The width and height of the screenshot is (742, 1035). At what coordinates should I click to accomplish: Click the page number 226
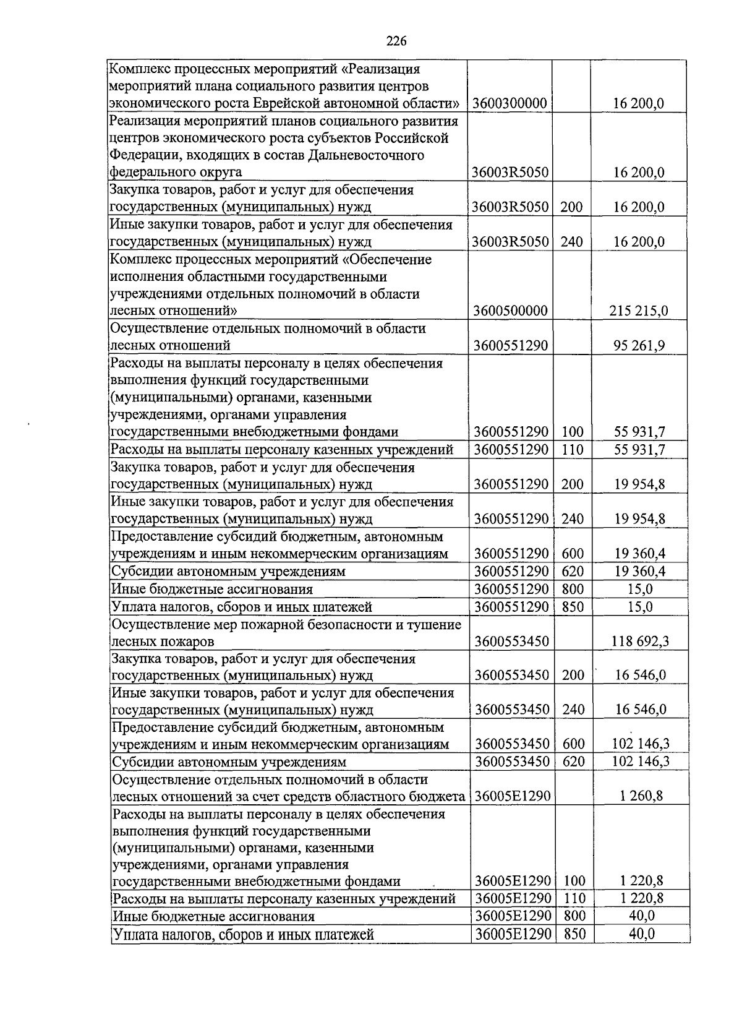tap(396, 41)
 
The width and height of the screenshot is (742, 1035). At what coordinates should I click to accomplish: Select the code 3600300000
tap(510, 103)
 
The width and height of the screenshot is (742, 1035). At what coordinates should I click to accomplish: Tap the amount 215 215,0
tap(639, 311)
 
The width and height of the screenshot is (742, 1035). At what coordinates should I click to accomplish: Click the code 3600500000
tap(511, 311)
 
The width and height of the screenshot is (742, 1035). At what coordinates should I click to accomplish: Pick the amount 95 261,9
tap(639, 345)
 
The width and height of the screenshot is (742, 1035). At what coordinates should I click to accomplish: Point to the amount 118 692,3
tap(640, 641)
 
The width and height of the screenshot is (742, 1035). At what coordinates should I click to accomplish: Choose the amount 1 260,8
tap(641, 796)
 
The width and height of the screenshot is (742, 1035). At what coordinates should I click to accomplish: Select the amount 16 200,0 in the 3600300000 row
tap(639, 103)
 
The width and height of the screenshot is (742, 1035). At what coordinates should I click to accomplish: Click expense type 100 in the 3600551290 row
tap(572, 432)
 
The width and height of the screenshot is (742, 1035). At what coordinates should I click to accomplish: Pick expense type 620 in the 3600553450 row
tap(574, 762)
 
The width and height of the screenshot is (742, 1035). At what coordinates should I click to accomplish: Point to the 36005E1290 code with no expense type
tap(512, 796)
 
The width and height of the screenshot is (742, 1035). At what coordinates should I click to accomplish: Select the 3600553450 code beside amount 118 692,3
tap(511, 641)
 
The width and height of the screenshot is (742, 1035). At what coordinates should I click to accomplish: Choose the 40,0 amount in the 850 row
tap(642, 934)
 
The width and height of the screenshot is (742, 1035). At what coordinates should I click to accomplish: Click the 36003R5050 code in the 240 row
tap(510, 241)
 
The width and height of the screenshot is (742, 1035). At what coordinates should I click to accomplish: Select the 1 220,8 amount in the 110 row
tap(641, 898)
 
